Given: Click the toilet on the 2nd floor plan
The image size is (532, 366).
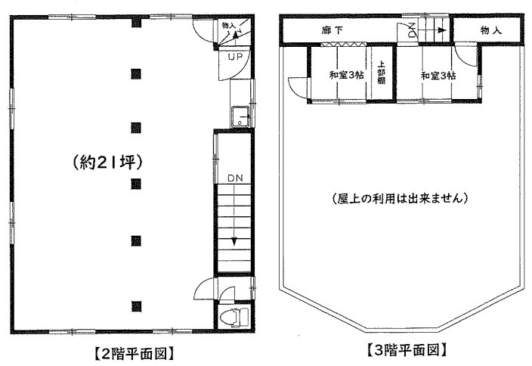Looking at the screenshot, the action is point(234,317).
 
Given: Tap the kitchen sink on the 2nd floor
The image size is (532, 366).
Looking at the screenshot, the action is point(240,116).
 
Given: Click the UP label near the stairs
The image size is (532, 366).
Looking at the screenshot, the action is point(235,57).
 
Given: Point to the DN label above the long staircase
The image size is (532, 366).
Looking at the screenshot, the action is point(235,178).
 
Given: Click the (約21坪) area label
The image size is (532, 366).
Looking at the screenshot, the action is point(107,163).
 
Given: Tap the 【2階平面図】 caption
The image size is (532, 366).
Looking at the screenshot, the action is point(134,354).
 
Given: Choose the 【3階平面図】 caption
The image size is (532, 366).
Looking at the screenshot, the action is point(406,349).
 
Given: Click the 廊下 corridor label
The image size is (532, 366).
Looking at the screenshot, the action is point(332,30).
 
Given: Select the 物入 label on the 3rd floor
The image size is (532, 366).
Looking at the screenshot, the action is point(490,30).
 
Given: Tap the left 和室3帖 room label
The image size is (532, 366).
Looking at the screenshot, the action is point(346,75).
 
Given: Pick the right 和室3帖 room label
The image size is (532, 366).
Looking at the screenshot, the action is point(438,76).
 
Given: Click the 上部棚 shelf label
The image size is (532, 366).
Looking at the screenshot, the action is point(381,73).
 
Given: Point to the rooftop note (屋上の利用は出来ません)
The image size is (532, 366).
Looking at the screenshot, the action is point(400,198).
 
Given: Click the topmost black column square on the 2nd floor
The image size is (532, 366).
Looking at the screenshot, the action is point(136,23).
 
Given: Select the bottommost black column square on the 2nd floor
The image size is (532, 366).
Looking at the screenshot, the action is point(136,306).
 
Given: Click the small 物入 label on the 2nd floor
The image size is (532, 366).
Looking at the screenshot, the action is point(229,26).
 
